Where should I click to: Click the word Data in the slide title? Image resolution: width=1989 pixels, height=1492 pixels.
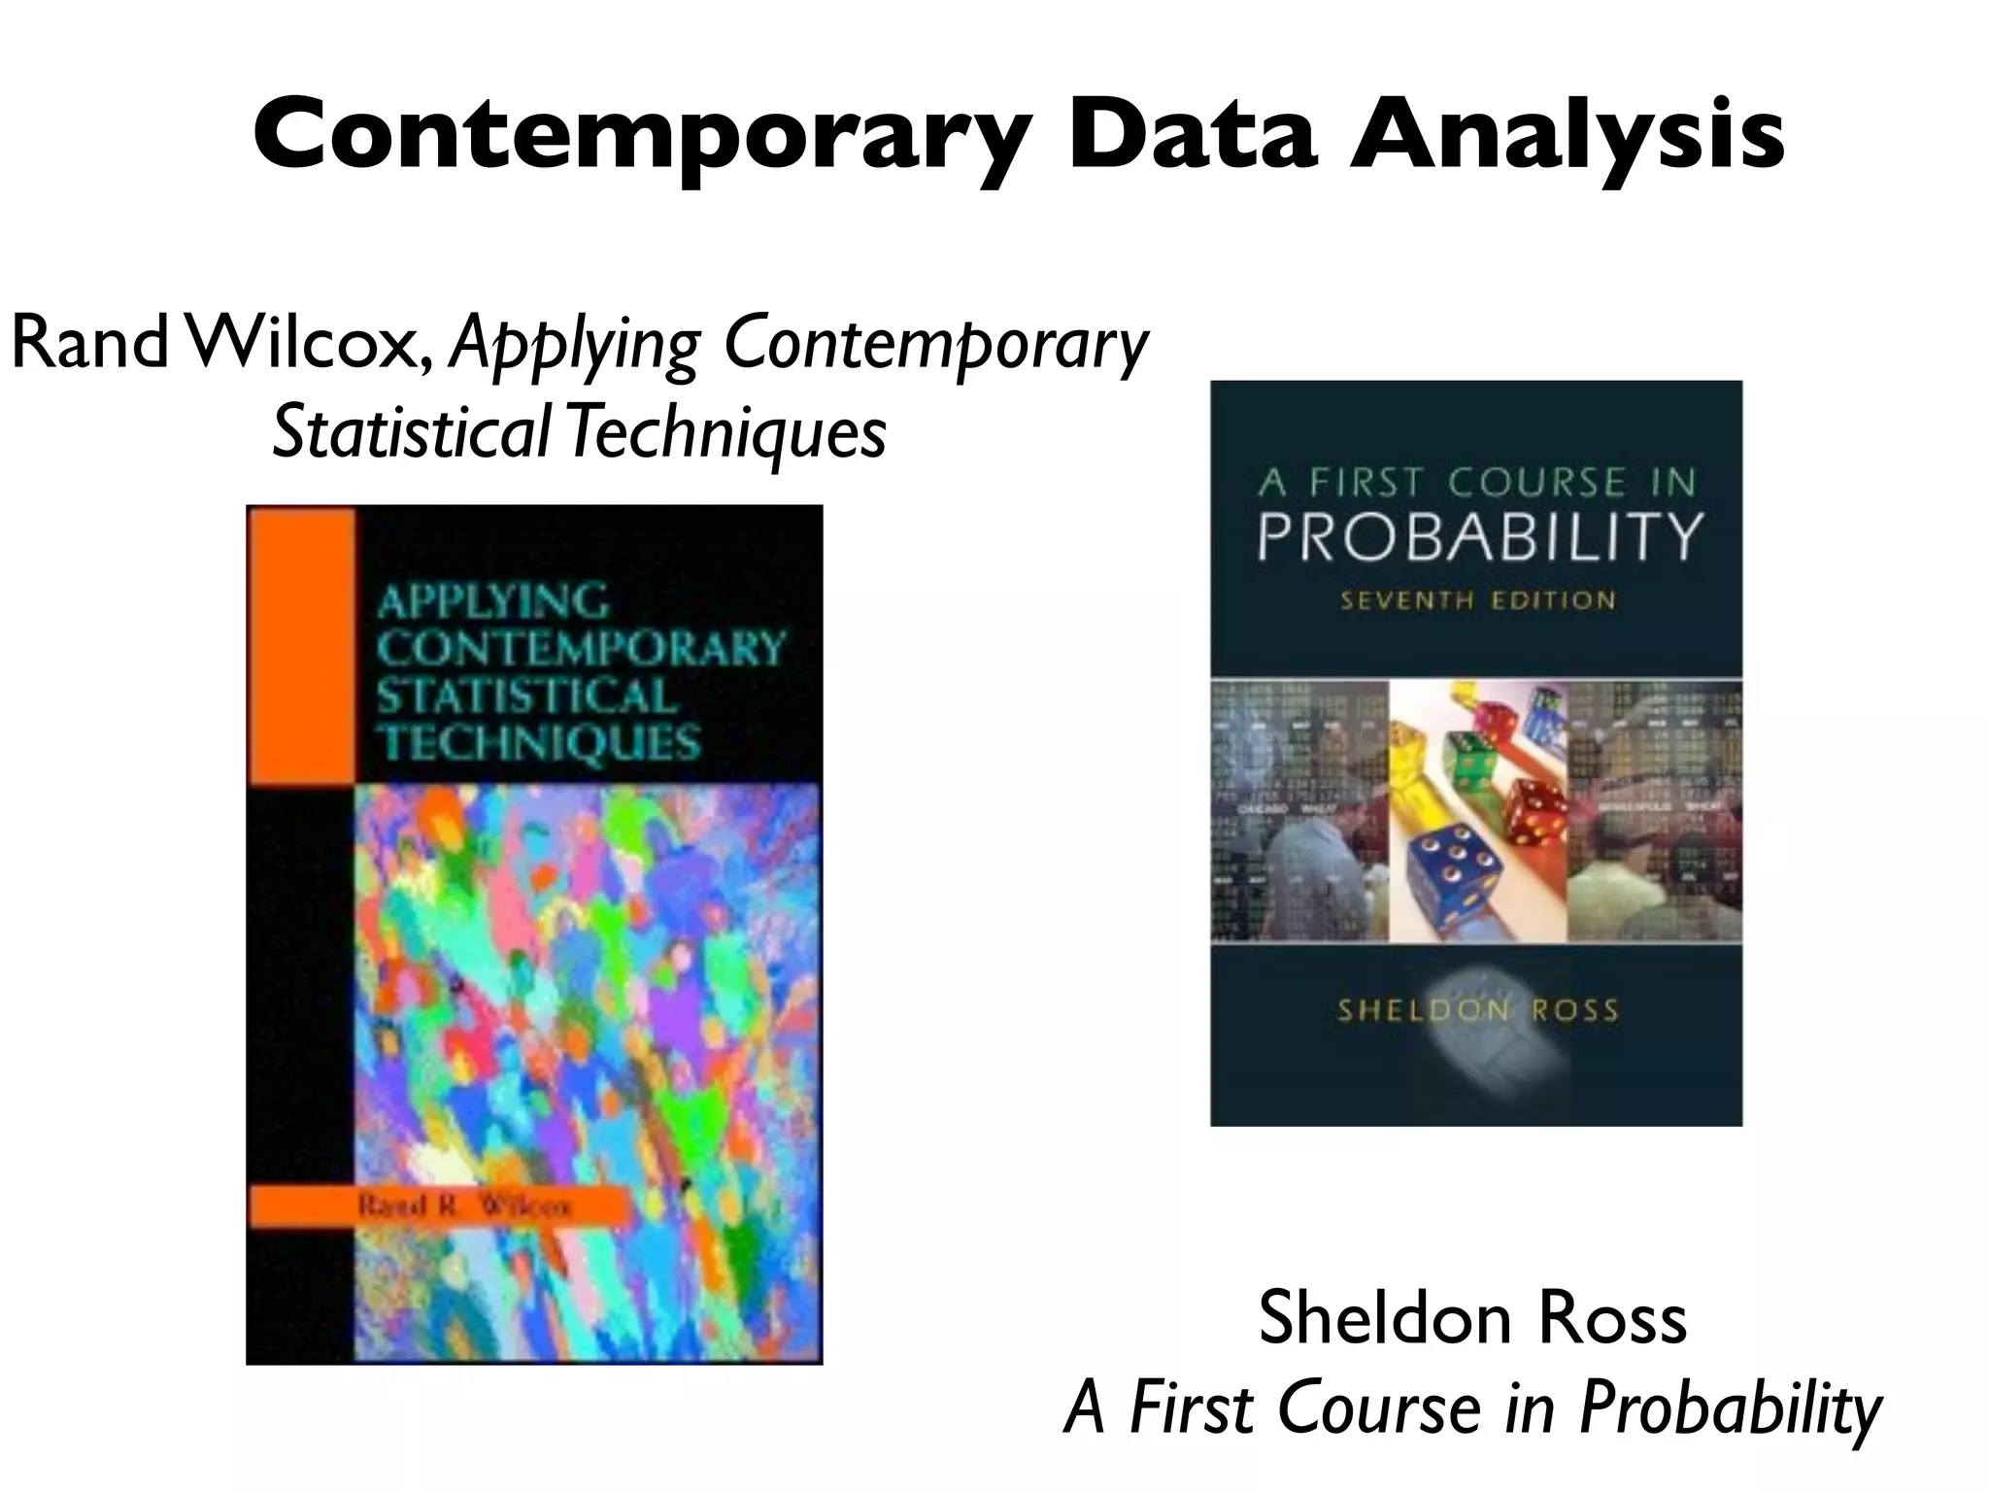pyautogui.click(x=1192, y=135)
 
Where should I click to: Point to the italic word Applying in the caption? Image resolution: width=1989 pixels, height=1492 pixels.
pyautogui.click(x=574, y=346)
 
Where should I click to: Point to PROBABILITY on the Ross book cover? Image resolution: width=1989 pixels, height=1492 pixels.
pyautogui.click(x=1480, y=535)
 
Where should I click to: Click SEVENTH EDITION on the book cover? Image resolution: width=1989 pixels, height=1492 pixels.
pyautogui.click(x=1478, y=600)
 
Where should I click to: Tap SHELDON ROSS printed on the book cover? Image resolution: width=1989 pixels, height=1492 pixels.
pyautogui.click(x=1478, y=1011)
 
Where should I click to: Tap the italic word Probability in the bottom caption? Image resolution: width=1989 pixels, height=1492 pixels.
pyautogui.click(x=1730, y=1408)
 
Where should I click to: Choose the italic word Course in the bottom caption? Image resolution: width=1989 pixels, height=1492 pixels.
pyautogui.click(x=1378, y=1408)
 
